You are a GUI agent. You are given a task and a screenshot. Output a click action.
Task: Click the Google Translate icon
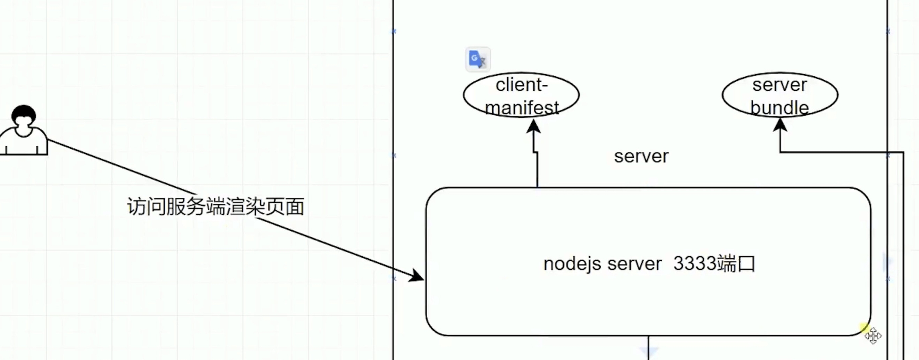pos(477,59)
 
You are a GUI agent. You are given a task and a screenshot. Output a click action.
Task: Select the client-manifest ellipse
pos(521,95)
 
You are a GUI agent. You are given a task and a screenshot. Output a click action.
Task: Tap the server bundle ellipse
pos(780,95)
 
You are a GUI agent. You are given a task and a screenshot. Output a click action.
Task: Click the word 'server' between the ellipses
pos(641,156)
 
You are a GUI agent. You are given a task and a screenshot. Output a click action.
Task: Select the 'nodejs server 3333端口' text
pos(649,264)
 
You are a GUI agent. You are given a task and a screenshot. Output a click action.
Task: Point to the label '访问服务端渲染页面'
pos(215,207)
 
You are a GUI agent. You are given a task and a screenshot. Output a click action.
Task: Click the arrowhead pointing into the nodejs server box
pos(417,275)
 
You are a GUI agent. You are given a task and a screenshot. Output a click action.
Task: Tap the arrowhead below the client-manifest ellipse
pos(533,127)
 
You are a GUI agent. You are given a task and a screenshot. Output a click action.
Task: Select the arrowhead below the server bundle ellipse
pos(780,125)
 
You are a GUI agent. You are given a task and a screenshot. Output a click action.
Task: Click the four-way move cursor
pos(873,336)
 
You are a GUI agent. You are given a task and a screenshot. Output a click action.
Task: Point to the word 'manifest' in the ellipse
pos(522,108)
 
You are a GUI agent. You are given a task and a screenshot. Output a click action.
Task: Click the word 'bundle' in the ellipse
pos(779,108)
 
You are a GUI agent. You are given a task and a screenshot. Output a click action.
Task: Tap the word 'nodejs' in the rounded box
pos(572,264)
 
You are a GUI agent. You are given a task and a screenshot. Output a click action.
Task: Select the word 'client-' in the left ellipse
pos(522,85)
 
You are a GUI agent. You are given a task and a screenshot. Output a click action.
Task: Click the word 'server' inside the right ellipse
pos(779,85)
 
